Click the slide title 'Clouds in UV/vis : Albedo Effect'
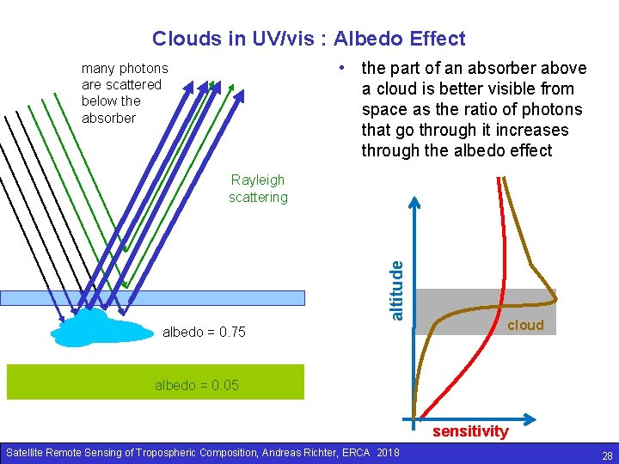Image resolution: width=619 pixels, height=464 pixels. point(309,39)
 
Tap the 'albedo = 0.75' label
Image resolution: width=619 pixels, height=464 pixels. point(204,332)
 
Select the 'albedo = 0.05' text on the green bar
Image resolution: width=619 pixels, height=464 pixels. point(197,385)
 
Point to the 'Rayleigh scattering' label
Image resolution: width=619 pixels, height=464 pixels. point(258,188)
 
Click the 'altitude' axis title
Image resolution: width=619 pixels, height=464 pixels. point(396,290)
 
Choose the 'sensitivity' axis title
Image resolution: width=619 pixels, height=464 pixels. point(470,431)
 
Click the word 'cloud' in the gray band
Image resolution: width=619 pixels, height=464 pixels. point(525,325)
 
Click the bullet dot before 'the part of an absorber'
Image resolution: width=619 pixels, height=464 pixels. point(342,68)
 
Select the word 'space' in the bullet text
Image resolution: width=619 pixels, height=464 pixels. point(385,109)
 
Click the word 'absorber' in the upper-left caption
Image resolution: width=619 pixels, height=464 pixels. point(108,118)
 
